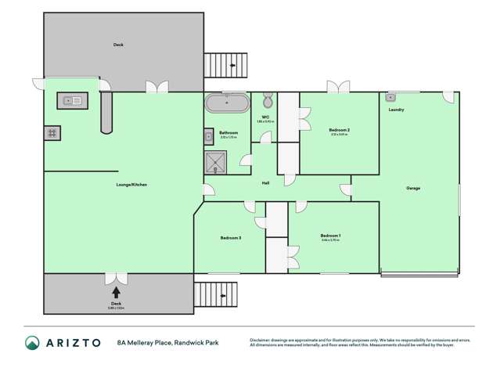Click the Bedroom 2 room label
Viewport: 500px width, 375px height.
339,130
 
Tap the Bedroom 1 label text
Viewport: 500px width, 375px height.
330,236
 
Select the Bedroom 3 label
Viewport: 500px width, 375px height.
230,237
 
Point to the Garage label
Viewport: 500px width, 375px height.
413,188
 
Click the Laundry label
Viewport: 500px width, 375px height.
396,110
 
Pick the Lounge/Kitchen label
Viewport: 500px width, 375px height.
131,185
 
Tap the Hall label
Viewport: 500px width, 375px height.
266,183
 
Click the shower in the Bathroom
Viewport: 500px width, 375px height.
214,162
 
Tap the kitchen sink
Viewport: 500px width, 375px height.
73,100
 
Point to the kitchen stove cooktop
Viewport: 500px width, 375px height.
52,133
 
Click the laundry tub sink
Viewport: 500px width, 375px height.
391,98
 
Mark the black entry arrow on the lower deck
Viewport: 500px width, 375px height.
116,293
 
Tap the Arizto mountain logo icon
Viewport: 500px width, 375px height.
32,343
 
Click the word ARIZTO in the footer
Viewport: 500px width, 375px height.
72,343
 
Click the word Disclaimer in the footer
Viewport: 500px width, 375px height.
264,340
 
